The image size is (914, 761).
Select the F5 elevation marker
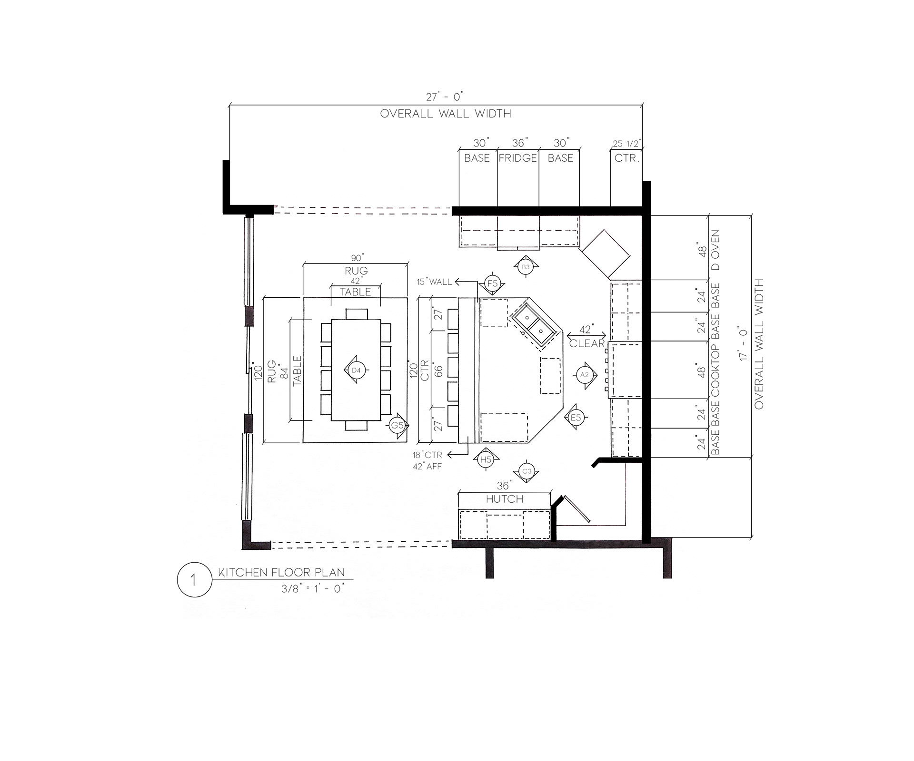(x=492, y=284)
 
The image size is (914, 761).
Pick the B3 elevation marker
(x=526, y=267)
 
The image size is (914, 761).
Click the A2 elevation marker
(x=584, y=375)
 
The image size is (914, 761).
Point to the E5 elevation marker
(x=576, y=418)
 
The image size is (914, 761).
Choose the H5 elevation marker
(x=486, y=459)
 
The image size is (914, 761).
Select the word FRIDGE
(x=518, y=158)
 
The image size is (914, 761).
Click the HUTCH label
(x=505, y=499)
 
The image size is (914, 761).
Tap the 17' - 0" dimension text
(x=743, y=343)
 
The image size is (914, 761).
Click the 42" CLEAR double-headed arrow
(x=586, y=336)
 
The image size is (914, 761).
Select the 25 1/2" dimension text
(x=627, y=143)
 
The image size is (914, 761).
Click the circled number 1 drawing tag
(x=194, y=580)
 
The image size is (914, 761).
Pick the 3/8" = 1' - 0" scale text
(x=312, y=588)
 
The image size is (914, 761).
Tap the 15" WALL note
(x=434, y=282)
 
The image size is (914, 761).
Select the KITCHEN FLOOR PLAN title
(x=281, y=573)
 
